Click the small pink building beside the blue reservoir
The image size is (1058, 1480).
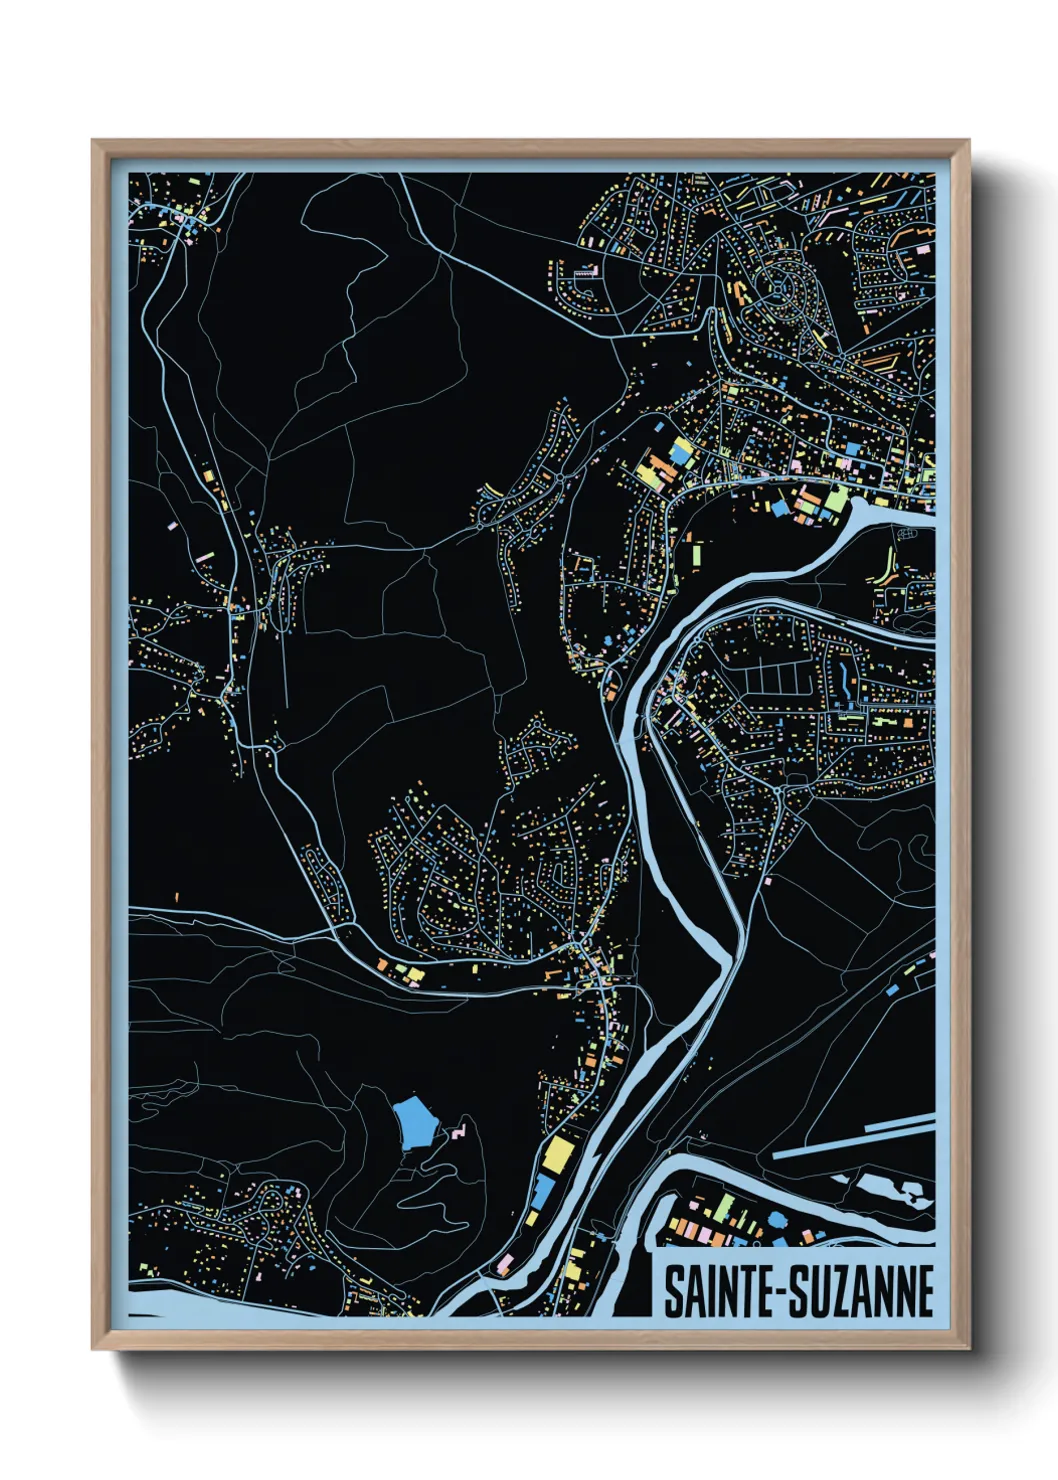[457, 1133]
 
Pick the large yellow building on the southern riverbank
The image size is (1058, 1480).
[556, 1156]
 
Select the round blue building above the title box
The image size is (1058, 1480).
[777, 1219]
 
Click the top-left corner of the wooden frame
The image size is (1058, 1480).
[94, 142]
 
